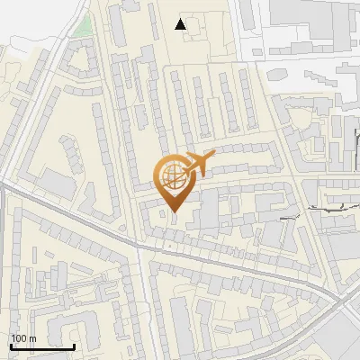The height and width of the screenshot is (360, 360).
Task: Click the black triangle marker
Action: [181, 24]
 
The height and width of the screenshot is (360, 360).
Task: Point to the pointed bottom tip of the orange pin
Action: [174, 212]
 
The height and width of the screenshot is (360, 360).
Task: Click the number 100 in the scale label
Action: [19, 338]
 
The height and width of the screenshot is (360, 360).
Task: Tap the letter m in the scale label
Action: [32, 338]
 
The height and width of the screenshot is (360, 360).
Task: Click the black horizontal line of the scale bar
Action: [42, 346]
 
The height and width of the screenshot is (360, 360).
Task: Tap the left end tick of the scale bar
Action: [11, 345]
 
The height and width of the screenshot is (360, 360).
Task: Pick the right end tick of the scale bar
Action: [74, 345]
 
